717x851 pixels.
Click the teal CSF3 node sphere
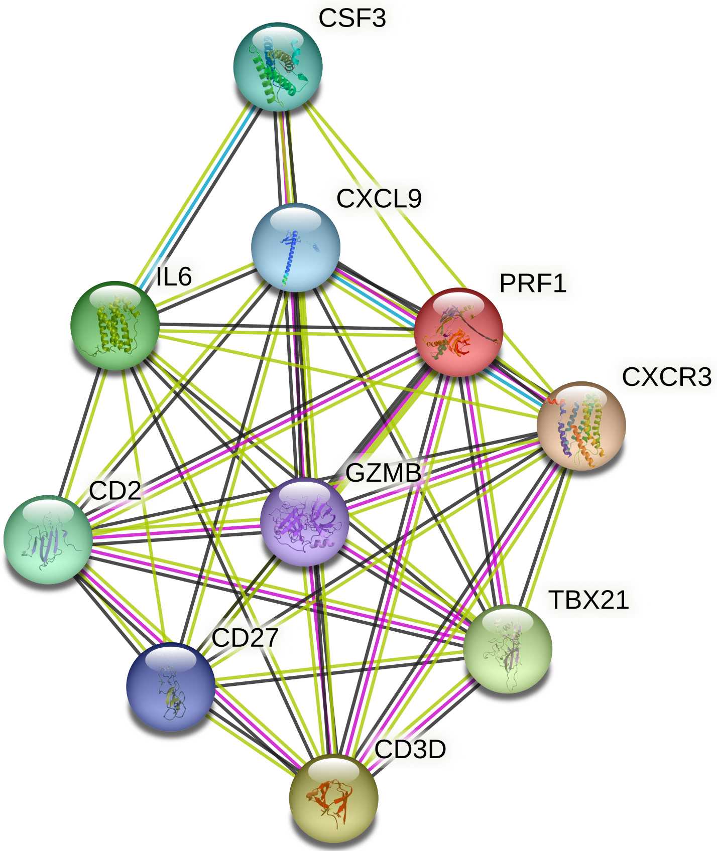278,66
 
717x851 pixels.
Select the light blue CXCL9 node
295,247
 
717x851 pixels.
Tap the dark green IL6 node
115,325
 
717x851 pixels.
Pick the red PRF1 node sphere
458,332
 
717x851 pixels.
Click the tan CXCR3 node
581,426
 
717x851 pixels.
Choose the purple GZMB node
305,522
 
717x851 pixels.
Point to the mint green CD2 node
48,539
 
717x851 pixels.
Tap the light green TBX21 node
507,649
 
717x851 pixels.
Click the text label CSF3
352,19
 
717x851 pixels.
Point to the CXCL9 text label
379,199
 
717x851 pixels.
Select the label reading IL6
174,276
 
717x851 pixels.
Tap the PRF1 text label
533,283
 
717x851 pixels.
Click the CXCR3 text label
666,377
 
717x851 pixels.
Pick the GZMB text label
383,473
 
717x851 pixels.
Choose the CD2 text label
115,490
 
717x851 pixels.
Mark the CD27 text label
245,638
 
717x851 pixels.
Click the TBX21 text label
588,600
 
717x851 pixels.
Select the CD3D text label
410,750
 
